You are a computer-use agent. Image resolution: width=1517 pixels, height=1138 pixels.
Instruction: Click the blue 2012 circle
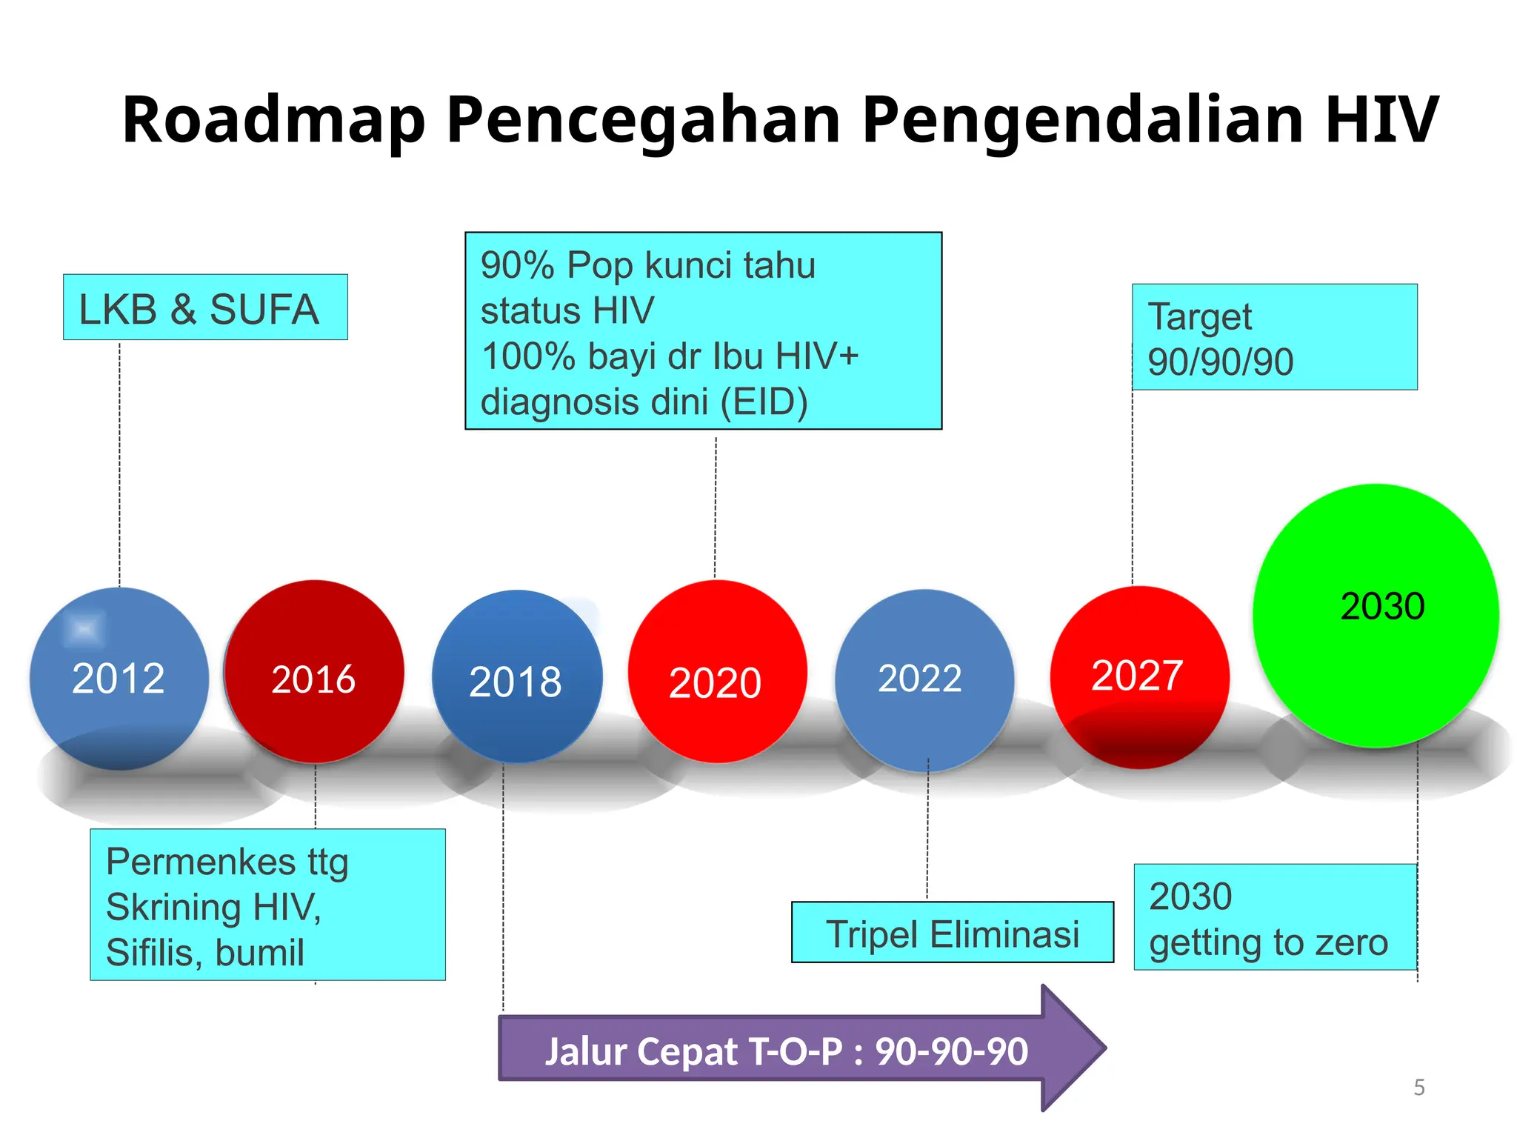click(x=119, y=678)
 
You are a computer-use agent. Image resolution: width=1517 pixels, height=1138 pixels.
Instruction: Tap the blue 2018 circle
click(x=516, y=676)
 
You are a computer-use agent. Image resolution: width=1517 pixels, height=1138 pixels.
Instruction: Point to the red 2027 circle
click(x=1139, y=676)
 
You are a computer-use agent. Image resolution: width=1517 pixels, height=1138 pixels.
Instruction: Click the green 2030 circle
click(x=1376, y=615)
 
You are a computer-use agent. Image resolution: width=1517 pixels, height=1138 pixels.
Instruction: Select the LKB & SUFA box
click(x=205, y=307)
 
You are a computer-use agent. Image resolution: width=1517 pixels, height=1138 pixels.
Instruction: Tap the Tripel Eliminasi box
click(x=952, y=933)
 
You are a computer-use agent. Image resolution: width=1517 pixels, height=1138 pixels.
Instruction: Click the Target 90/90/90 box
click(x=1274, y=337)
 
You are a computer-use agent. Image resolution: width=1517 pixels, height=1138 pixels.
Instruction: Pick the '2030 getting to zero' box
click(x=1275, y=917)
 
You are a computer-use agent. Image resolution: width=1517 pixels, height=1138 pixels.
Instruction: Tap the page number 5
click(x=1418, y=1088)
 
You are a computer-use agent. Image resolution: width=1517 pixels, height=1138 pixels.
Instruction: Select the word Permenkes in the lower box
click(x=201, y=862)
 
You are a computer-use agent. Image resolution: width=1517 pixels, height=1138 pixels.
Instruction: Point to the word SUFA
click(x=264, y=309)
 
